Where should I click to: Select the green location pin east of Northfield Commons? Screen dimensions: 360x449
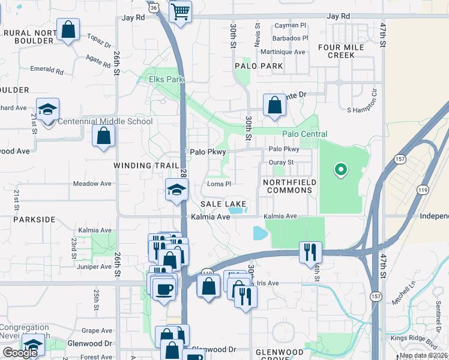[341, 170]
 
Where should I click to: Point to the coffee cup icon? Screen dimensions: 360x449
[164, 290]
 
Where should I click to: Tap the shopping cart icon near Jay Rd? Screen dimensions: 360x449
[180, 11]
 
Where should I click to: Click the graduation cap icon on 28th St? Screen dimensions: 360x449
[176, 190]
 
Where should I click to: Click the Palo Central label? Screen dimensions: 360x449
[305, 134]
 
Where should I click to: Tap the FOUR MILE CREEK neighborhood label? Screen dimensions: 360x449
[341, 51]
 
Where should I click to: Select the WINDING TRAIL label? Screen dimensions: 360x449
[146, 165]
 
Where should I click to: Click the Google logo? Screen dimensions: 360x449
[20, 353]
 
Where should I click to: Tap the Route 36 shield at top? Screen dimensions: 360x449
[154, 7]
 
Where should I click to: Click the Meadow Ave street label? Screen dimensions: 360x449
[92, 184]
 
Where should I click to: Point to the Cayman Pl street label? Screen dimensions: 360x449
[291, 26]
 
